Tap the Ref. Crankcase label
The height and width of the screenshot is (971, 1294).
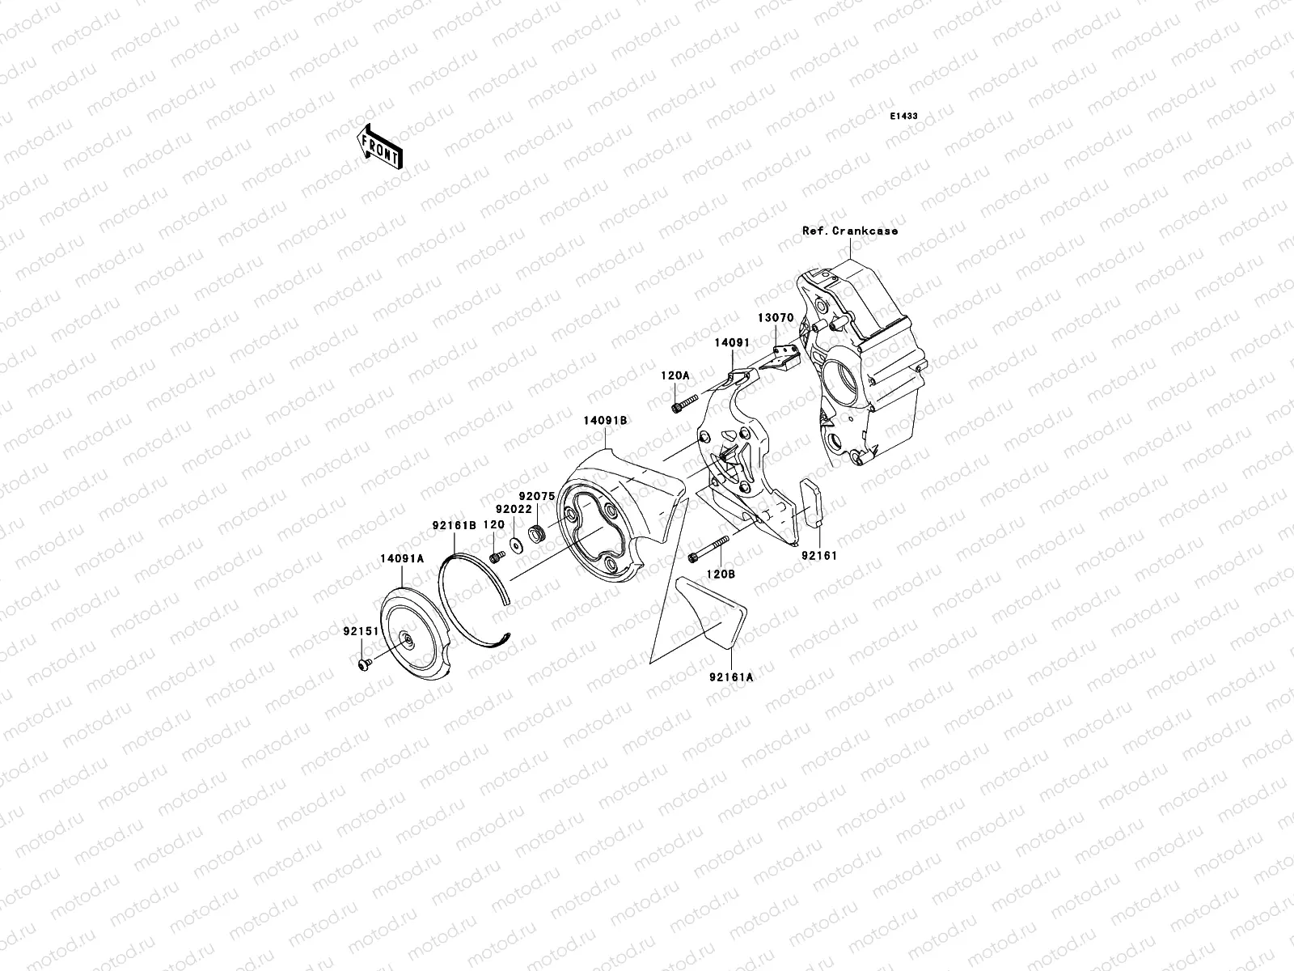click(849, 231)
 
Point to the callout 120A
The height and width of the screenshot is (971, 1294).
click(675, 376)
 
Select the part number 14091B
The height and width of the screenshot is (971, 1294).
click(606, 421)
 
